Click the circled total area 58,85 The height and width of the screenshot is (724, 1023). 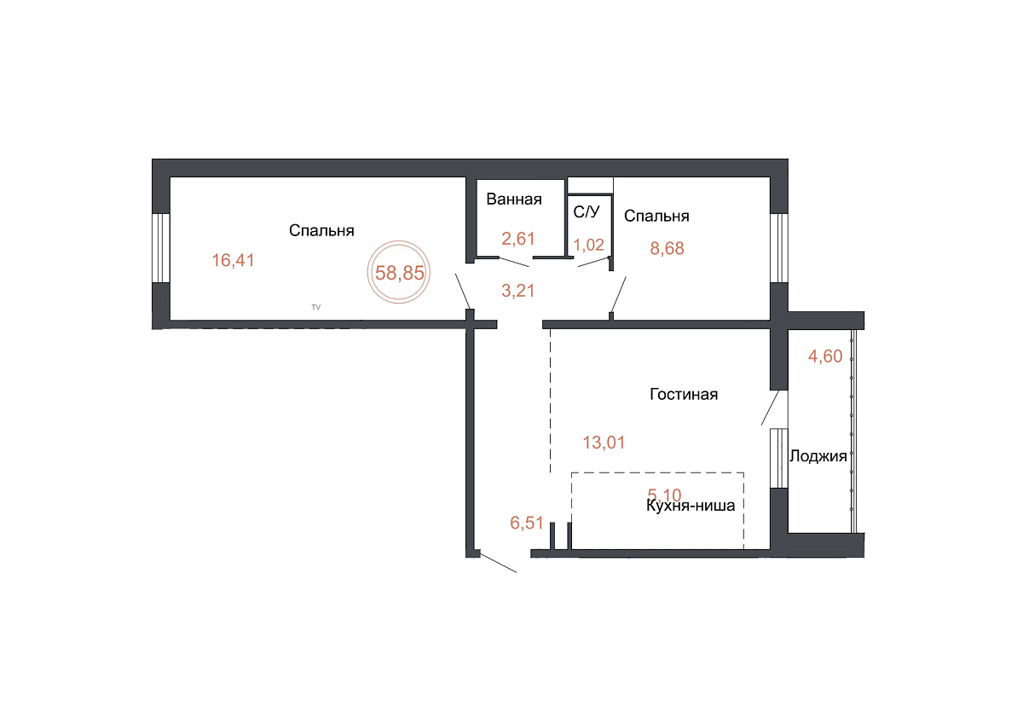pyautogui.click(x=400, y=273)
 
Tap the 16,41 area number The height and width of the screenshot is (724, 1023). pyautogui.click(x=233, y=260)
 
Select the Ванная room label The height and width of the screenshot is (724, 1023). pyautogui.click(x=514, y=200)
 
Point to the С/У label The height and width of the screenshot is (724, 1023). pyautogui.click(x=587, y=211)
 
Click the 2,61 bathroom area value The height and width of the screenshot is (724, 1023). pyautogui.click(x=518, y=239)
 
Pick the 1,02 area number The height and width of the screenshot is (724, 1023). pyautogui.click(x=589, y=245)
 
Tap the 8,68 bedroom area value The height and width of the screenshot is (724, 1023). pyautogui.click(x=667, y=248)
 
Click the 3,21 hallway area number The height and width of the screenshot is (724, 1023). pyautogui.click(x=518, y=291)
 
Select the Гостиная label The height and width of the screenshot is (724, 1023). pyautogui.click(x=684, y=394)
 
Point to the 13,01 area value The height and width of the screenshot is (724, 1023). pyautogui.click(x=604, y=443)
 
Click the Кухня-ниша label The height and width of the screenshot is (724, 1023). pyautogui.click(x=691, y=506)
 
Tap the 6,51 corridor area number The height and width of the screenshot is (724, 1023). pyautogui.click(x=527, y=523)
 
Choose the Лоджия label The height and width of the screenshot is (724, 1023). pyautogui.click(x=818, y=456)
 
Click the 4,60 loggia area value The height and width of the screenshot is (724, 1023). pyautogui.click(x=825, y=356)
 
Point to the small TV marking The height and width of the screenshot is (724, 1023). pyautogui.click(x=316, y=307)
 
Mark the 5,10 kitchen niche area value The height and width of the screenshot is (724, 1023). pyautogui.click(x=664, y=495)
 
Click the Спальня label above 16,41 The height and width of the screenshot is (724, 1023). pyautogui.click(x=321, y=231)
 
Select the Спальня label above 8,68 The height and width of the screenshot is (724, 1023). pyautogui.click(x=656, y=216)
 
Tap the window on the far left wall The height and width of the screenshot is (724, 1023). pyautogui.click(x=161, y=248)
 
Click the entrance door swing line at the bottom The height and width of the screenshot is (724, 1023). pyautogui.click(x=498, y=563)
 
